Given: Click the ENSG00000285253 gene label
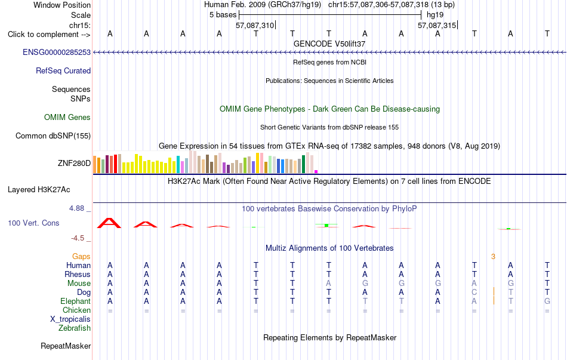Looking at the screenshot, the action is pyautogui.click(x=57, y=52).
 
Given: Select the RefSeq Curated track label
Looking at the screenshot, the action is pyautogui.click(x=63, y=70).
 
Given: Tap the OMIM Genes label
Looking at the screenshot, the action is pyautogui.click(x=67, y=117).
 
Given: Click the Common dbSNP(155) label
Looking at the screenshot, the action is pyautogui.click(x=53, y=136).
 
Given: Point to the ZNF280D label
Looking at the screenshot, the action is pyautogui.click(x=74, y=163).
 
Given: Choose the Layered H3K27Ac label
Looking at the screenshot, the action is pyautogui.click(x=39, y=190).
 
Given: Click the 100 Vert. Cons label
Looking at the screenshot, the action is pyautogui.click(x=33, y=223).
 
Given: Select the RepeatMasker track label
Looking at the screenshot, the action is pyautogui.click(x=66, y=346).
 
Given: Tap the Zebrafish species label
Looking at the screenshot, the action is pyautogui.click(x=75, y=328).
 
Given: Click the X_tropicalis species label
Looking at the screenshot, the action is pyautogui.click(x=70, y=319).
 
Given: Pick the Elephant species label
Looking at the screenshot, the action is pyautogui.click(x=76, y=301).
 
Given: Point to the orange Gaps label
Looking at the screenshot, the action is pyautogui.click(x=81, y=257).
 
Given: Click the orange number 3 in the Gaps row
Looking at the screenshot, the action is pyautogui.click(x=493, y=257).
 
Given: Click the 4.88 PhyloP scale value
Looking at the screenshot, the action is pyautogui.click(x=76, y=208).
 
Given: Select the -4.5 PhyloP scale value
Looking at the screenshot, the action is pyautogui.click(x=78, y=238).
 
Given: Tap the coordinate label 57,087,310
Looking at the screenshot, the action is pyautogui.click(x=255, y=25).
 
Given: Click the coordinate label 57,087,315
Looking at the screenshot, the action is pyautogui.click(x=437, y=25).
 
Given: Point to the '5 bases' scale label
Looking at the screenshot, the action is pyautogui.click(x=223, y=15).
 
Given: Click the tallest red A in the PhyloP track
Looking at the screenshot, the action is pyautogui.click(x=109, y=223).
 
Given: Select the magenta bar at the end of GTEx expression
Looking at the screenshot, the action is pyautogui.click(x=316, y=171).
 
